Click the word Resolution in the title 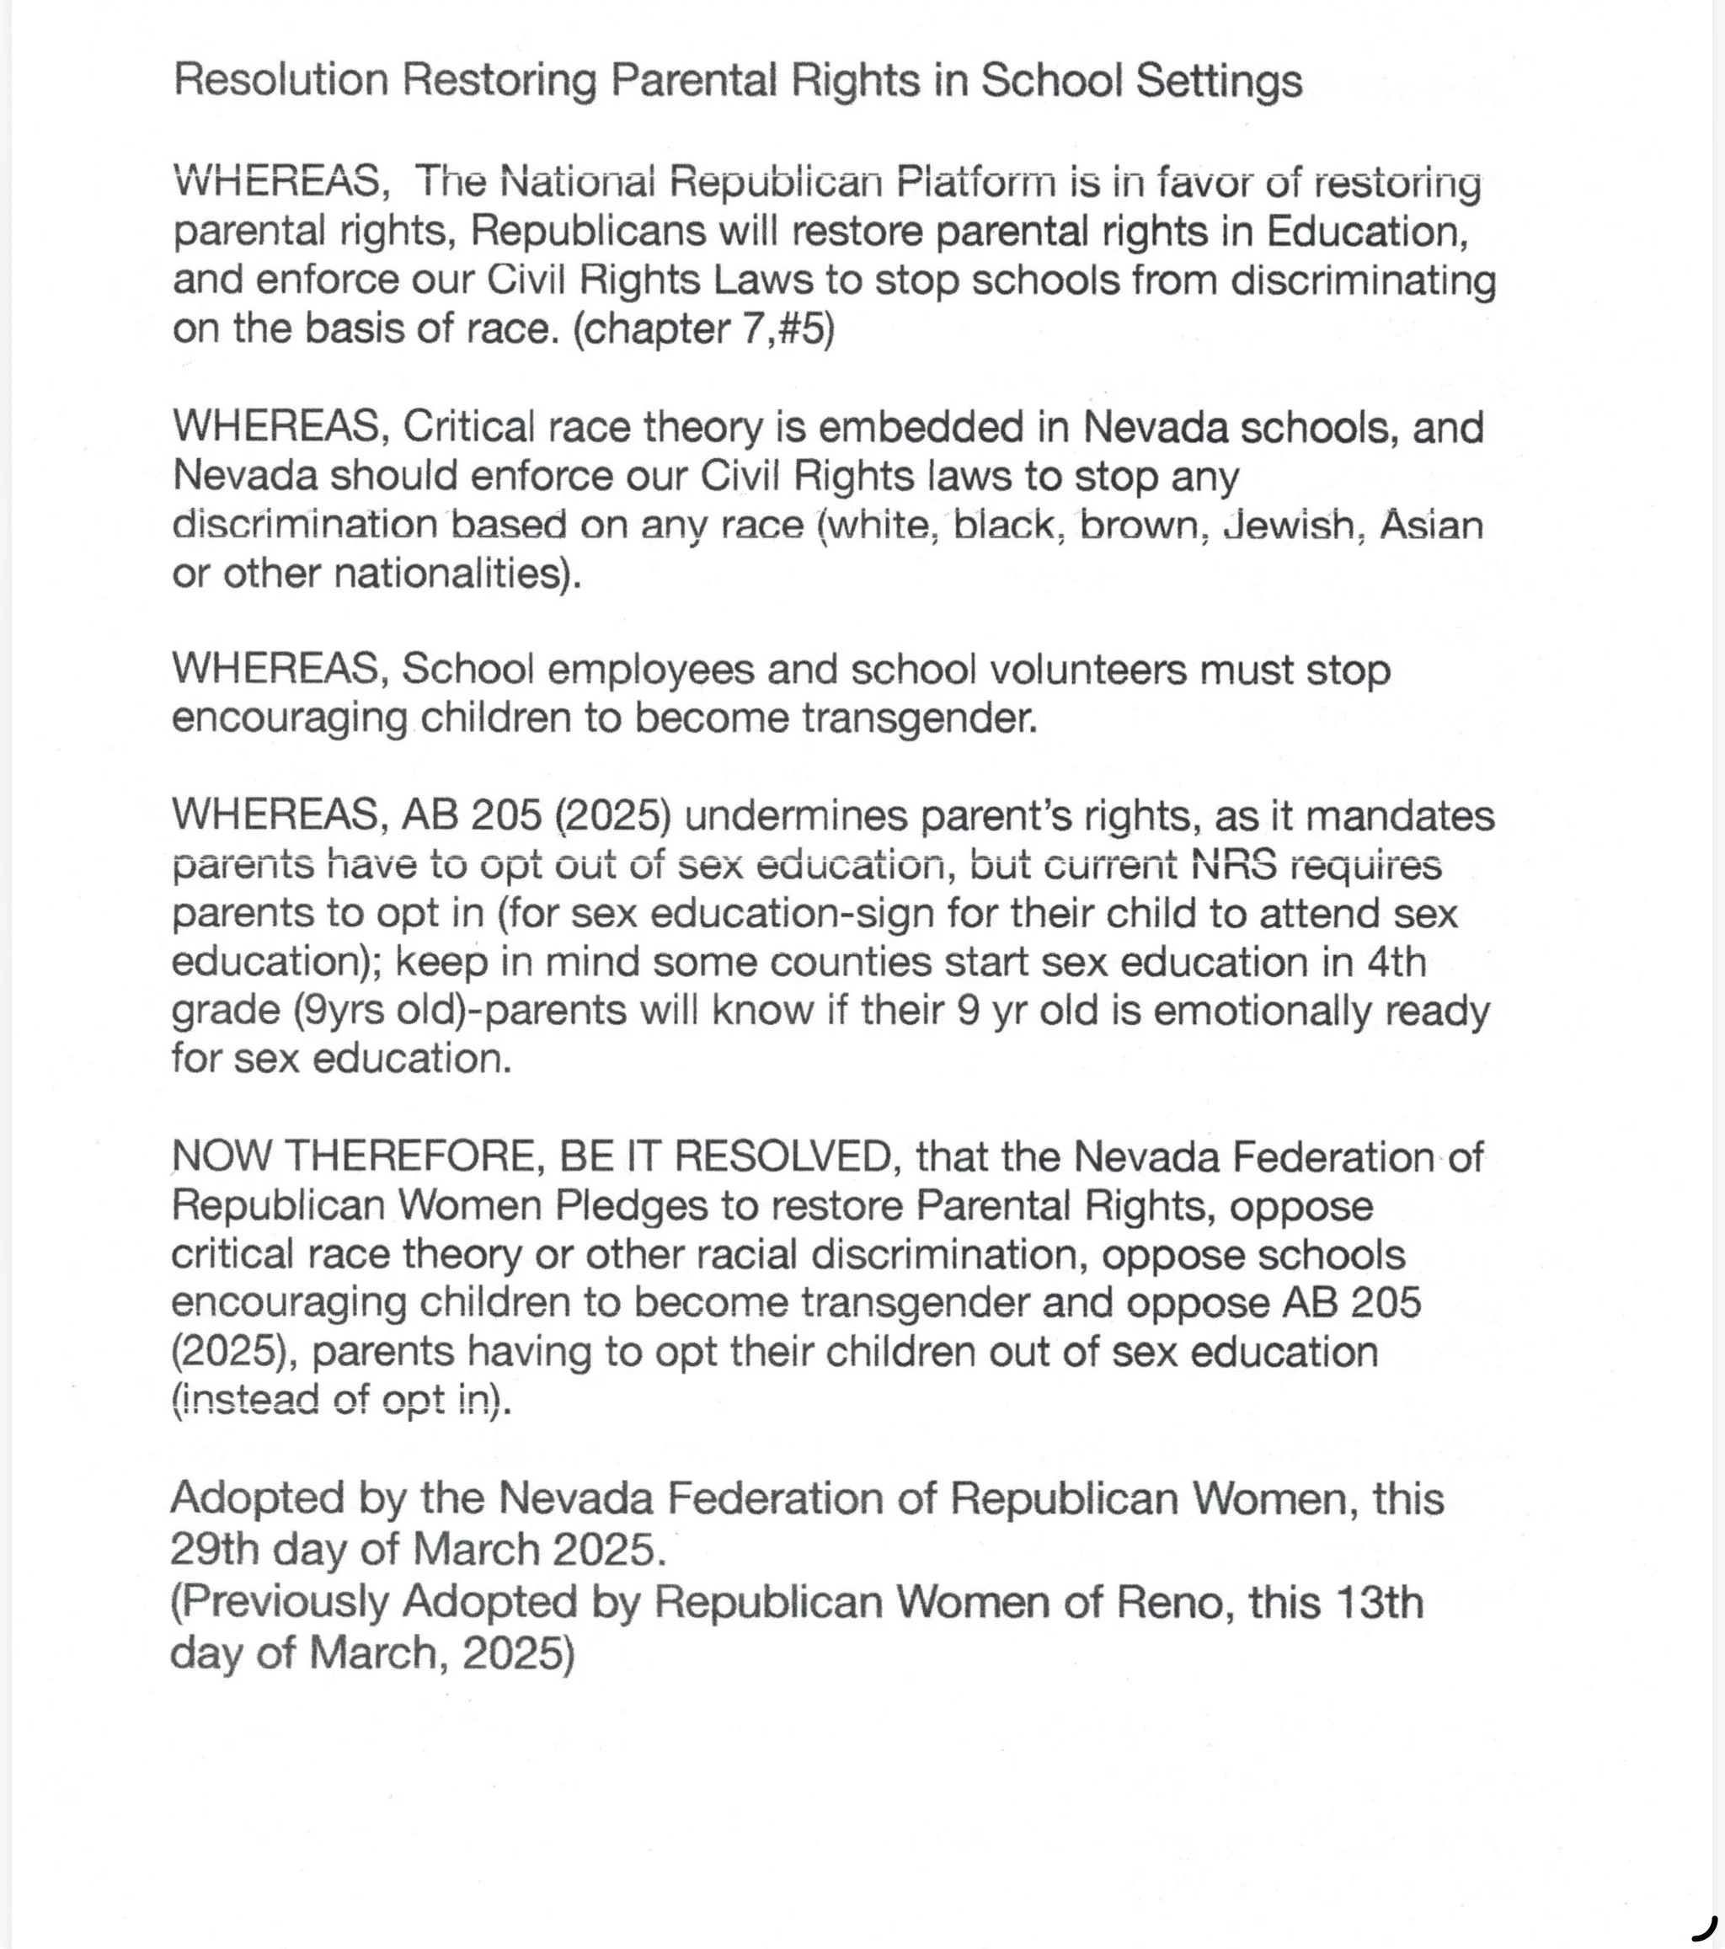click(280, 80)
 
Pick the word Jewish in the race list click(1287, 525)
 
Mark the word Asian click(1431, 525)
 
